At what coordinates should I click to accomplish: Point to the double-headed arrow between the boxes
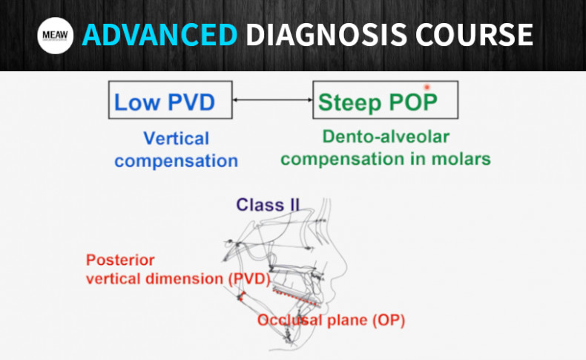pyautogui.click(x=272, y=100)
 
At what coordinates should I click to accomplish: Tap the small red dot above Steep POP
pyautogui.click(x=427, y=88)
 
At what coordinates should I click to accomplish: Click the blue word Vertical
pyautogui.click(x=177, y=138)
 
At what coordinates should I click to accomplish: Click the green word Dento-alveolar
pyautogui.click(x=386, y=137)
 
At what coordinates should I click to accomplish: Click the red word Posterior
pyautogui.click(x=122, y=261)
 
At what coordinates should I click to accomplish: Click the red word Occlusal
pyautogui.click(x=291, y=321)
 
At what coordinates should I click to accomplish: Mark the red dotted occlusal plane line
pyautogui.click(x=293, y=298)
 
